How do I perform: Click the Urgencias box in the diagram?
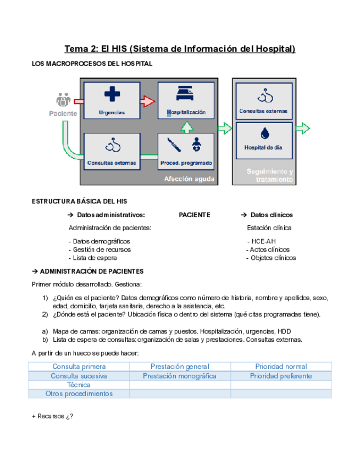click(112, 101)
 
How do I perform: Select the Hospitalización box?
click(185, 101)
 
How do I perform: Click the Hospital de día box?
click(263, 140)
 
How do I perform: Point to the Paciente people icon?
click(64, 101)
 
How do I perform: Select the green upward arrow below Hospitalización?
click(186, 127)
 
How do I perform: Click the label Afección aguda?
click(189, 179)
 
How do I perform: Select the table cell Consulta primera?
click(79, 367)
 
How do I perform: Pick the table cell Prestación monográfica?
click(179, 376)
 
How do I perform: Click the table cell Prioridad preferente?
click(281, 376)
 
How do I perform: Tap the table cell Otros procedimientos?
click(79, 393)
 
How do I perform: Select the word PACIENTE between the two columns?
click(195, 215)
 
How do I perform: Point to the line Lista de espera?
click(92, 257)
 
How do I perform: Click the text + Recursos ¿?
click(53, 416)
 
